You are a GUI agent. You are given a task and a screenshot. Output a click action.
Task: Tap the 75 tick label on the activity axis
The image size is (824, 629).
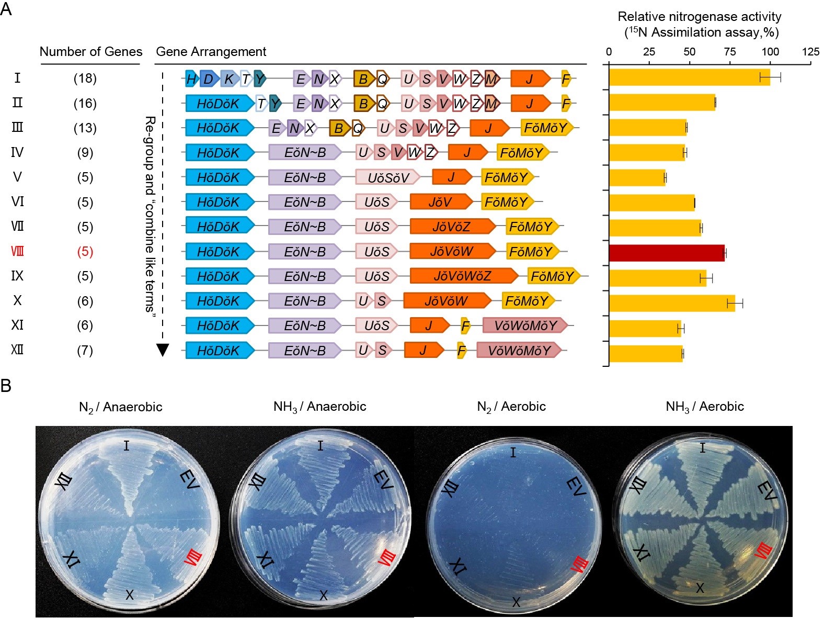coord(730,52)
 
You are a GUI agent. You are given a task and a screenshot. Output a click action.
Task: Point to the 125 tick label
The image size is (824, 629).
coord(810,52)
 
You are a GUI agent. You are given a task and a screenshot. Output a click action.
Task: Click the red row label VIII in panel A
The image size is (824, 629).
coord(17,252)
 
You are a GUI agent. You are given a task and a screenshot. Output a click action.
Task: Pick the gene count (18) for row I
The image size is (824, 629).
coord(85,78)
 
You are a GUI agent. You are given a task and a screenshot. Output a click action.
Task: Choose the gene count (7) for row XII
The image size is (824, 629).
coord(85,350)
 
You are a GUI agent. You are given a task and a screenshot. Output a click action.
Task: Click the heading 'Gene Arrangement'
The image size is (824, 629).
coord(211,52)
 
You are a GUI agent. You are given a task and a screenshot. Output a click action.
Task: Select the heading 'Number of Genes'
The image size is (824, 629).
coord(91,52)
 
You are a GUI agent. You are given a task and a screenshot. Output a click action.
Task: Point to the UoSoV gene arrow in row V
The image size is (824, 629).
coord(387,177)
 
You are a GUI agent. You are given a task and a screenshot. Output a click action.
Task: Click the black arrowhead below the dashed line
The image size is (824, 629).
coord(163,350)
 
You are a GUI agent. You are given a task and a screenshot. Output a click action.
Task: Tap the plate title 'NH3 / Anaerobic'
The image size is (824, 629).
coord(319,407)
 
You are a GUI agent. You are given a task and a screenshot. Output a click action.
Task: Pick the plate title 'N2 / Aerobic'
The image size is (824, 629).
coord(511,407)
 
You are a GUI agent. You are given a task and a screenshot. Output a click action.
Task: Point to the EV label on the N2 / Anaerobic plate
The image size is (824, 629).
coord(189,480)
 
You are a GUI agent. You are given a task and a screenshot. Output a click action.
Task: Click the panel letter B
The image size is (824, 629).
coord(6,386)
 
